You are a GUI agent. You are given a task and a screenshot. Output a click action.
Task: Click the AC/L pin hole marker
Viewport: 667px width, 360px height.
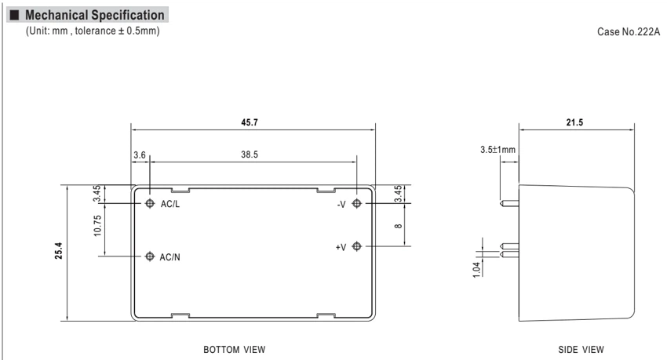[x=150, y=203]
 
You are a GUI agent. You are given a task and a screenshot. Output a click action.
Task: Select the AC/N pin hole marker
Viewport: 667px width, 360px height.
[x=150, y=256]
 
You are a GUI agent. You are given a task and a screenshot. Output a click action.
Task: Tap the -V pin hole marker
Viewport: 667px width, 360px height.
[x=356, y=203]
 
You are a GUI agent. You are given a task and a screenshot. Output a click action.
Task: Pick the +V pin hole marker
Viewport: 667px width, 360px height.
[x=356, y=246]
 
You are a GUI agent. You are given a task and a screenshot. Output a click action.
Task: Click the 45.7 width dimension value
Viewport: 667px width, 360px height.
[x=250, y=122]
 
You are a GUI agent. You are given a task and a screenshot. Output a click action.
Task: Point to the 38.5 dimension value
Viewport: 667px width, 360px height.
[x=250, y=155]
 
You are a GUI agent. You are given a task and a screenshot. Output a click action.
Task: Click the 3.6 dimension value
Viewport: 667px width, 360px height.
[x=140, y=155]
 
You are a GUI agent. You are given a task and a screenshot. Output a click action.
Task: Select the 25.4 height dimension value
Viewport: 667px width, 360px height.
[x=58, y=251]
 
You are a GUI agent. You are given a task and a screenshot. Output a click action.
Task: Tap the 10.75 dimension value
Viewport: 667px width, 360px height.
[x=97, y=226]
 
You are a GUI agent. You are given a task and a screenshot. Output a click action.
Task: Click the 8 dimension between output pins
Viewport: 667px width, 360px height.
[x=398, y=226]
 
